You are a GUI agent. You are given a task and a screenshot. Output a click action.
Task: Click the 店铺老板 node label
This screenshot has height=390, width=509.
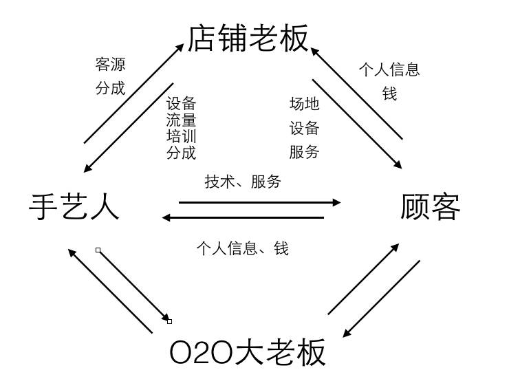tap(248, 38)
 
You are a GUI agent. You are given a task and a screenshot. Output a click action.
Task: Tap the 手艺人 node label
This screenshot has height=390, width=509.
tap(74, 206)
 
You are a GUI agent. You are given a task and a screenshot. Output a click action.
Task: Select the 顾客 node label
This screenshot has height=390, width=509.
tap(431, 206)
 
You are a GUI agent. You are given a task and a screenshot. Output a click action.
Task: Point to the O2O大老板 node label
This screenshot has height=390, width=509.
tap(248, 353)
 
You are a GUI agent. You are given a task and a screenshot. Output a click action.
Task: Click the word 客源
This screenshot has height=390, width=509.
tap(110, 65)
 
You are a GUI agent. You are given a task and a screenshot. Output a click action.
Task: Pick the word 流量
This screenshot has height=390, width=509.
tap(182, 120)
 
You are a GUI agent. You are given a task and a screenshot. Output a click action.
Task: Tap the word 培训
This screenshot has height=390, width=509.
tap(182, 136)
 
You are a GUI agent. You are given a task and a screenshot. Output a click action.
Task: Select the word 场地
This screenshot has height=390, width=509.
tap(304, 104)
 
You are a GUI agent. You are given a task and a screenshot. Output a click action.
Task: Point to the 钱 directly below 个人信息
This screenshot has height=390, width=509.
tap(389, 94)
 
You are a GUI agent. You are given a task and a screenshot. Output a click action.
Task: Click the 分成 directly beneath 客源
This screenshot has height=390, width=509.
tap(110, 88)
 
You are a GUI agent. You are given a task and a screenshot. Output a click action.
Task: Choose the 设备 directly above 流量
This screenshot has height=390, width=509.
tap(182, 104)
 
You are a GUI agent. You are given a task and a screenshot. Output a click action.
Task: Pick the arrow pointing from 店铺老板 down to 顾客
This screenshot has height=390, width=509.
tap(357, 113)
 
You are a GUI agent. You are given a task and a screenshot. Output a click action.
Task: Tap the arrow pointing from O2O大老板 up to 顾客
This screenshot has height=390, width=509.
tap(363, 279)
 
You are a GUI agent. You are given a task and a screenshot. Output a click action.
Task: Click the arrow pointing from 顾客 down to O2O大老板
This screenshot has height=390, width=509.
tap(382, 299)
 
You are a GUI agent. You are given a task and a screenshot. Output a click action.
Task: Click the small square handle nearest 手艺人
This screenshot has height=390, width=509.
tap(98, 250)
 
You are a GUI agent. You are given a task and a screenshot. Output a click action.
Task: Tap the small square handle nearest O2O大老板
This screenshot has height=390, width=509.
tap(169, 321)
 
